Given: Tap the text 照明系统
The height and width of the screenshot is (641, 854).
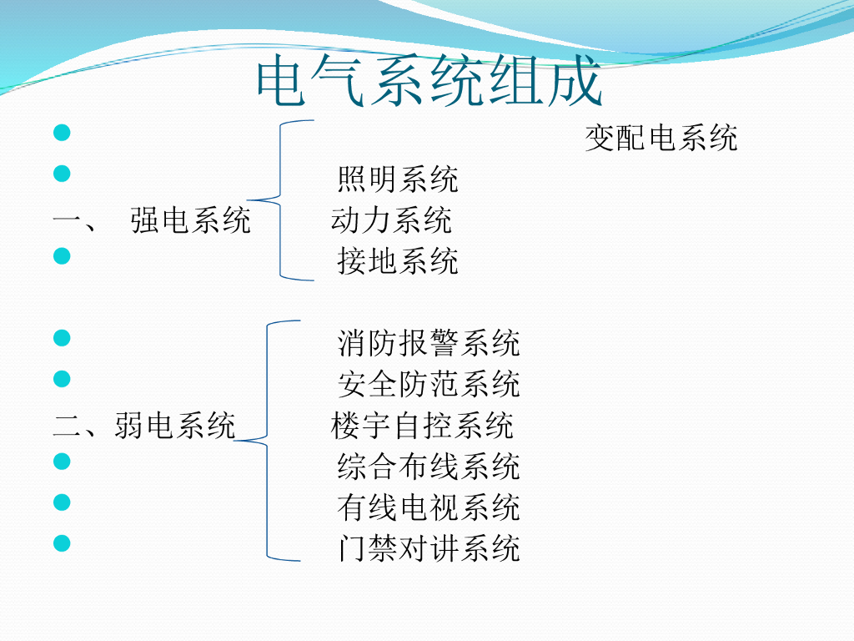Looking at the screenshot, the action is (x=398, y=179).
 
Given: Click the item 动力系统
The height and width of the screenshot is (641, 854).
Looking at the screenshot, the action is (x=391, y=220).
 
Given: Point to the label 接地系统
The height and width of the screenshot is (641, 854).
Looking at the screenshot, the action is (x=398, y=261).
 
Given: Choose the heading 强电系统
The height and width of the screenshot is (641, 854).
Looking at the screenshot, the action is (x=190, y=220).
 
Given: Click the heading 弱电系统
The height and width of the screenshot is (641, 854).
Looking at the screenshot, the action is (x=175, y=426).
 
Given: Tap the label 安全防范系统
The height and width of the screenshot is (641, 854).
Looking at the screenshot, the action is (x=429, y=384).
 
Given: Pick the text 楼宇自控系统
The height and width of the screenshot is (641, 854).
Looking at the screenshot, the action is (x=422, y=426).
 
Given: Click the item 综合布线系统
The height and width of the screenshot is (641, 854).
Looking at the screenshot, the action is (x=429, y=466).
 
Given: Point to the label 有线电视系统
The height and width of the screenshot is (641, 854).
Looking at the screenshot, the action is (x=429, y=507).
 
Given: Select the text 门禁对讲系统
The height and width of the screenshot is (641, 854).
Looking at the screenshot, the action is (x=429, y=548).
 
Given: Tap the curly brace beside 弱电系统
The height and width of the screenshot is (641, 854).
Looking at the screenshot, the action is (x=267, y=440).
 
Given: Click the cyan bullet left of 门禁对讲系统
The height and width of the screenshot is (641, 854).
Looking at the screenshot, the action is (x=61, y=543).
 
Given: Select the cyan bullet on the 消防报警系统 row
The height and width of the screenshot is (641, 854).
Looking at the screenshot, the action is (x=61, y=338).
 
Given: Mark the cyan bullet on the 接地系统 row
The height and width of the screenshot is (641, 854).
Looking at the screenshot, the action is (x=61, y=256).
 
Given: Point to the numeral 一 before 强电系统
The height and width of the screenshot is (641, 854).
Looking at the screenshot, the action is (x=65, y=221).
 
